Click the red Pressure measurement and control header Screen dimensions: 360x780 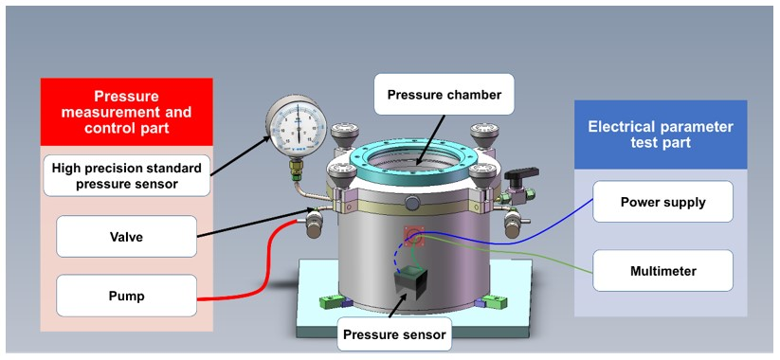(x=126, y=112)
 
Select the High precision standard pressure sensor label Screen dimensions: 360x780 (x=126, y=175)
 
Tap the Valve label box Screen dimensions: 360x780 (x=126, y=236)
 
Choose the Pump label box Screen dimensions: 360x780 (x=126, y=296)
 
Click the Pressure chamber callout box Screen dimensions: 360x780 (x=444, y=95)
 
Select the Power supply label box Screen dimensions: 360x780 (x=662, y=202)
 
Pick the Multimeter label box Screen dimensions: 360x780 (x=662, y=271)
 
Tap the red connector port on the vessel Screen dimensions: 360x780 (x=411, y=233)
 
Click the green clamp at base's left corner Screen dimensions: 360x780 (x=332, y=302)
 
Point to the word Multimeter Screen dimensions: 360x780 (x=662, y=271)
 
